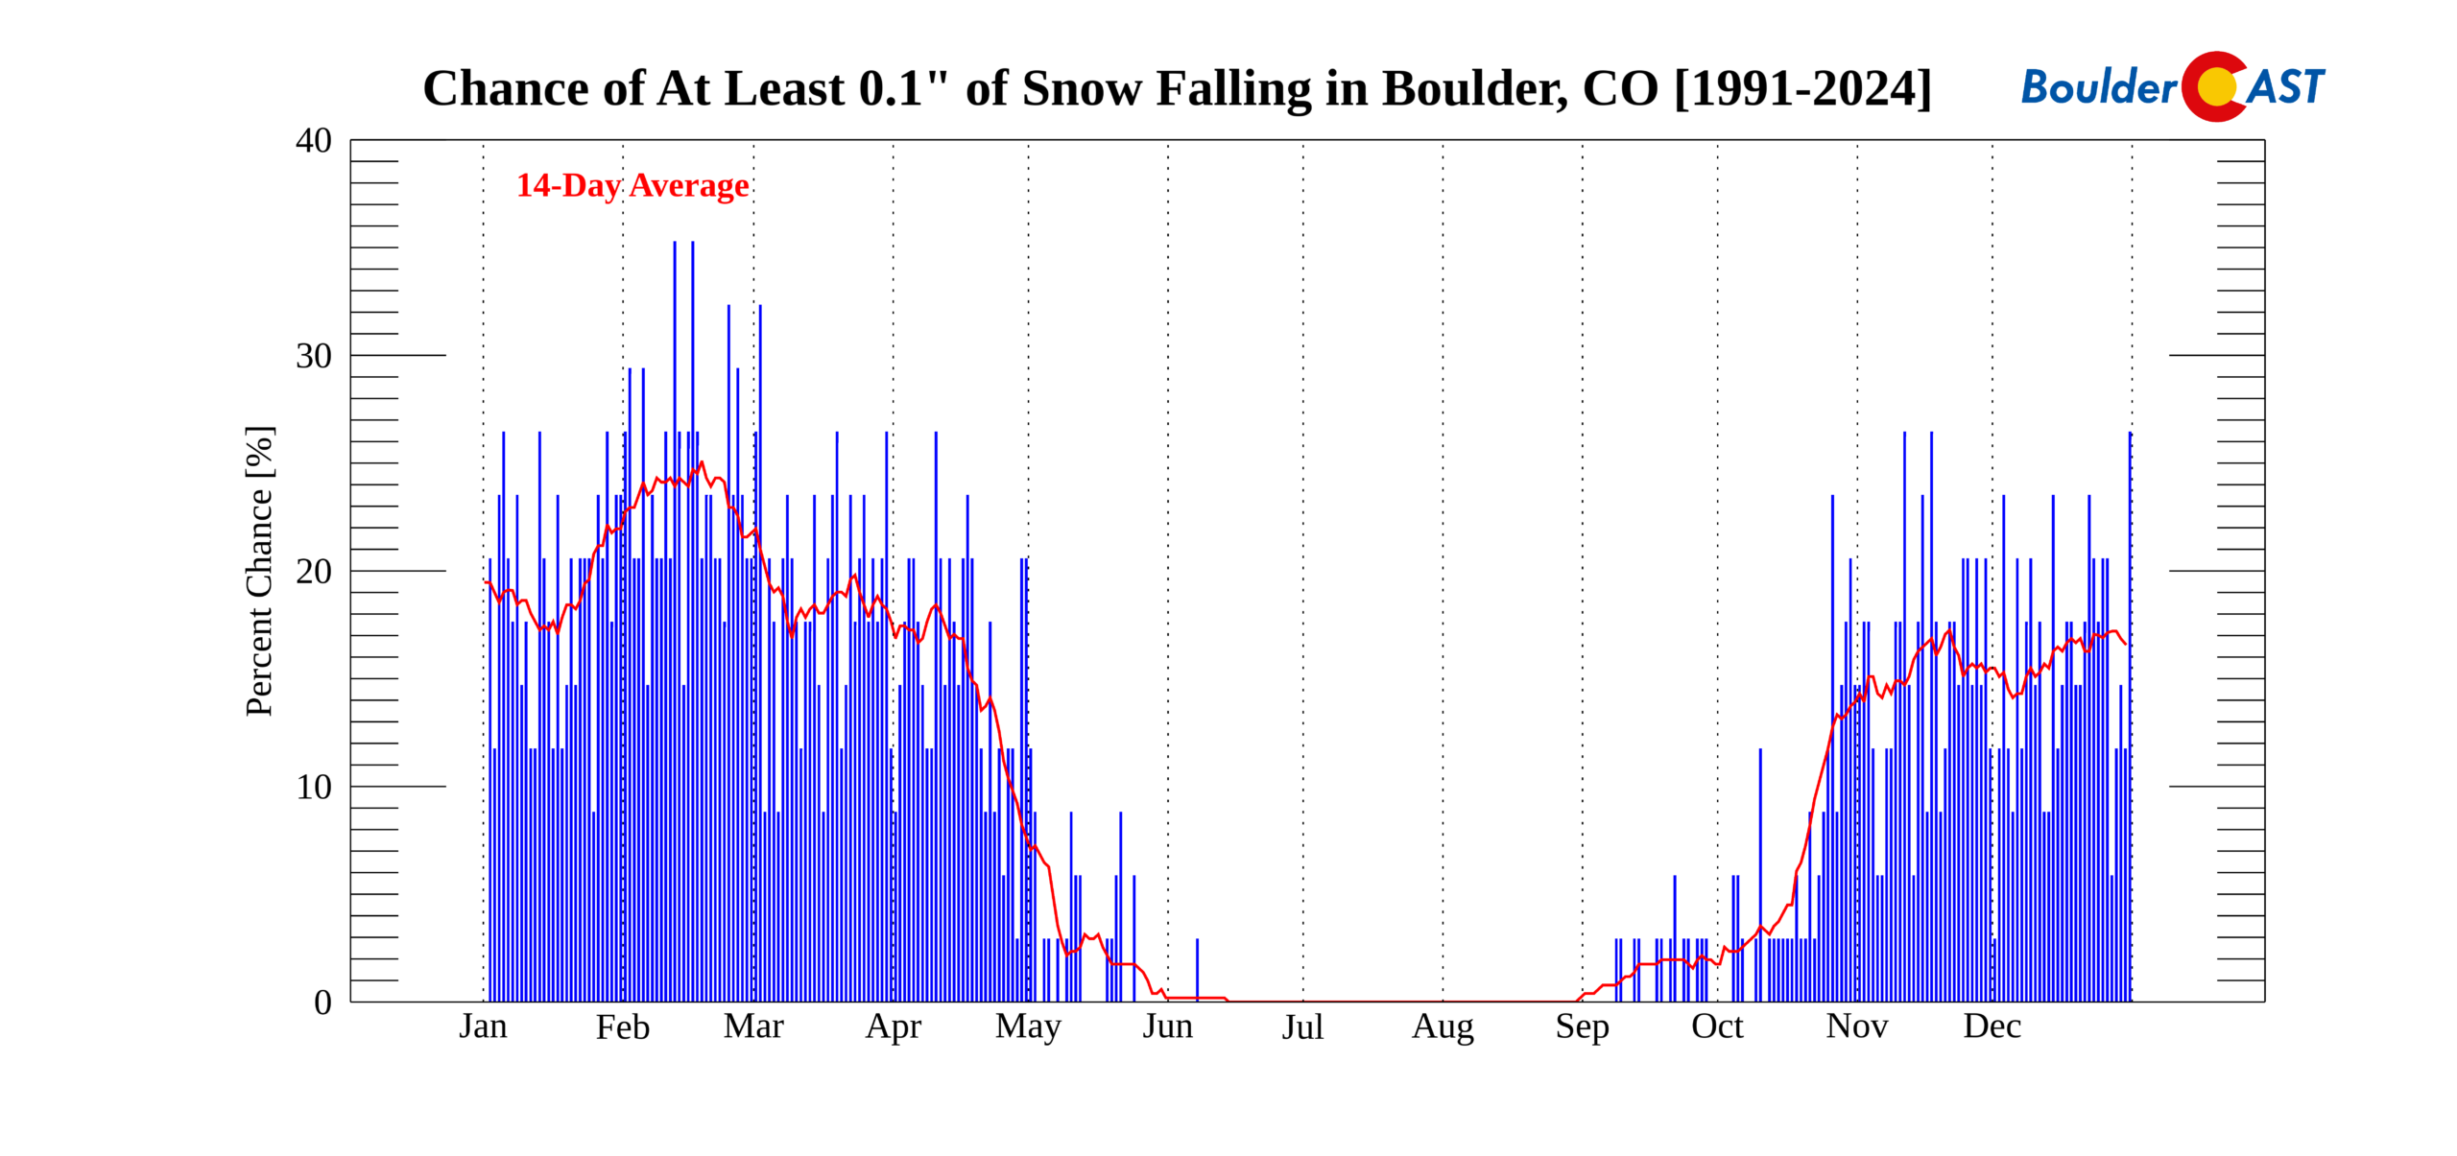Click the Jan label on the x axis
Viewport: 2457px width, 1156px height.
click(x=483, y=1026)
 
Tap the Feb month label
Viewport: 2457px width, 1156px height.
click(x=623, y=1026)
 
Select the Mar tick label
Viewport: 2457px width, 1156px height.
click(x=753, y=1026)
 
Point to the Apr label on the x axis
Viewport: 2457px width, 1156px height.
click(x=893, y=1026)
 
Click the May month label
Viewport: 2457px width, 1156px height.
click(x=1028, y=1026)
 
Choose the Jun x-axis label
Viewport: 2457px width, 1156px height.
click(x=1167, y=1026)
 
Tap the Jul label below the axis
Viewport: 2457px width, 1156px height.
click(x=1302, y=1026)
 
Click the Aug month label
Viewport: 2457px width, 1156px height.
click(x=1443, y=1026)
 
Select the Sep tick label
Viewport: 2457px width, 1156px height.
click(x=1582, y=1026)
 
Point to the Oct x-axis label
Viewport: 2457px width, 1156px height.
click(x=1717, y=1026)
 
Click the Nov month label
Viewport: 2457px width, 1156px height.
click(x=1856, y=1026)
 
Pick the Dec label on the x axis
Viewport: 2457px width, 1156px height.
click(x=1992, y=1026)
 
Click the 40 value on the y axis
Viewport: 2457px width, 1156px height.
click(x=314, y=141)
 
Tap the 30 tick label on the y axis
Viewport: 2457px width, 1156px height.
click(x=314, y=356)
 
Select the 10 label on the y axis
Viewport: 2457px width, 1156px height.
click(x=314, y=787)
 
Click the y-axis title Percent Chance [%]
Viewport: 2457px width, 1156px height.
click(x=260, y=571)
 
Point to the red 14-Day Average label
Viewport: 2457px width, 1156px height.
click(x=632, y=185)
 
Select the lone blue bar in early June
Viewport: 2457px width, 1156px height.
click(x=1197, y=969)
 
